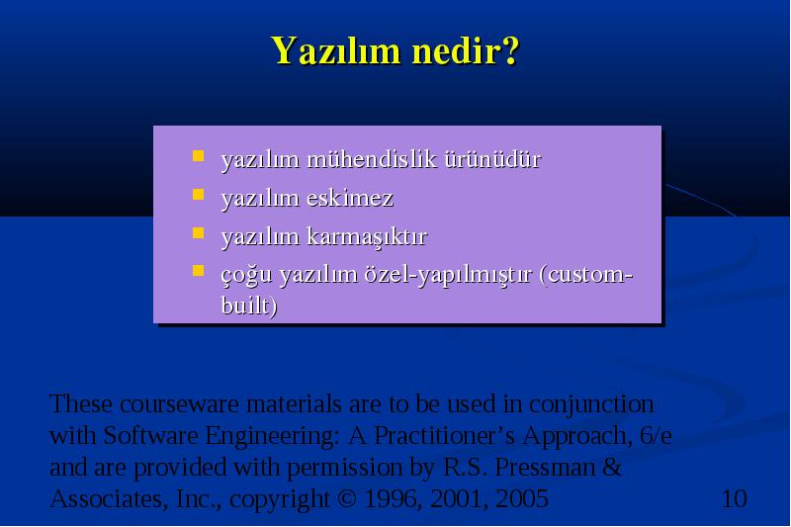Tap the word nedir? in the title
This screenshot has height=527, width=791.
[465, 50]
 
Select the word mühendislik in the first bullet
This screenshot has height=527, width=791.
[372, 159]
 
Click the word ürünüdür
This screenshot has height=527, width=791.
[492, 159]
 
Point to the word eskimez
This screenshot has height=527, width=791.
[350, 198]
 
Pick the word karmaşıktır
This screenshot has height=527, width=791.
[367, 237]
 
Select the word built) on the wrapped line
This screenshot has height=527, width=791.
[249, 306]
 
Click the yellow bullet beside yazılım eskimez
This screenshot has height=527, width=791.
[199, 195]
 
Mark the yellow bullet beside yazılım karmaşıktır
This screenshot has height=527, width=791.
[199, 232]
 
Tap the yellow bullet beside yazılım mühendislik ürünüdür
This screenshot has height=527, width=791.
[199, 156]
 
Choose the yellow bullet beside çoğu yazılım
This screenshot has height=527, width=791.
[199, 271]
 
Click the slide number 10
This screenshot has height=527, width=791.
[735, 498]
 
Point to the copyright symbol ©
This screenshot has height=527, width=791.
[346, 498]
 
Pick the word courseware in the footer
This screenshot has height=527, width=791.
[180, 404]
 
